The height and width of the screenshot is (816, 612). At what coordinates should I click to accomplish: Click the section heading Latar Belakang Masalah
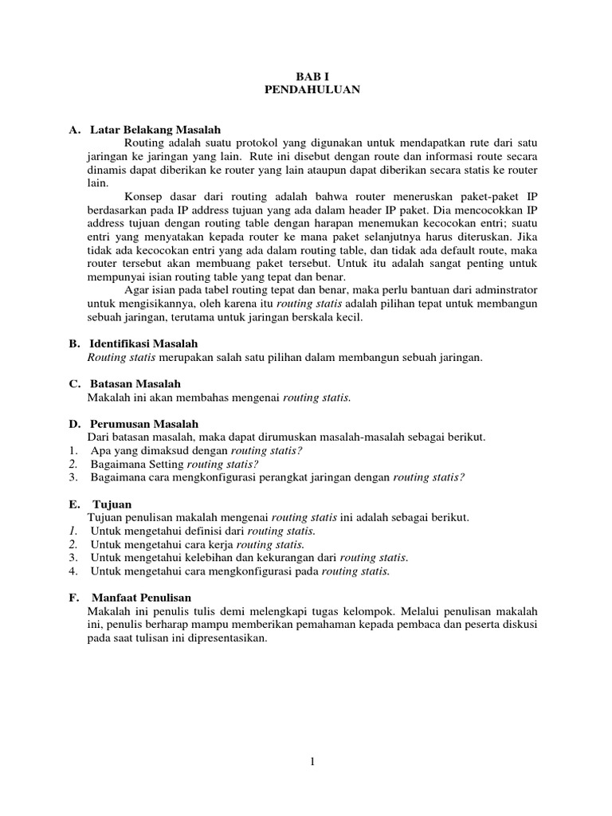[x=155, y=129]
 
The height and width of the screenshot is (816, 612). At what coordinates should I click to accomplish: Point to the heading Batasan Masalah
[x=135, y=383]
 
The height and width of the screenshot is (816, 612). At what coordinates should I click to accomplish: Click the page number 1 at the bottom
[x=313, y=761]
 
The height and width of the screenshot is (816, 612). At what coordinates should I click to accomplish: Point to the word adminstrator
[x=500, y=290]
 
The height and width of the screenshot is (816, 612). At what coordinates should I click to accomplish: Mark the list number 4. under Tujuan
[x=73, y=571]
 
